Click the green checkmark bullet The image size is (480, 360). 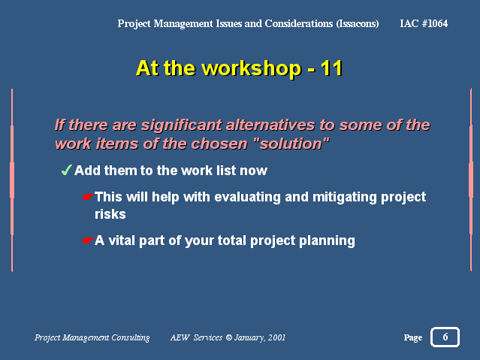(66, 170)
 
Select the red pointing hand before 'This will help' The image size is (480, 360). (88, 197)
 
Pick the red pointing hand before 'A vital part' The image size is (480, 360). (88, 241)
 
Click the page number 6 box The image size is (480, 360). (445, 337)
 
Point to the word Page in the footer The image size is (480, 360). (413, 337)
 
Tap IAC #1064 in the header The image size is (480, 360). (424, 23)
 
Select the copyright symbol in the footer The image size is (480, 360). (229, 337)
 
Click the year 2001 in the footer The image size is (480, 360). (276, 337)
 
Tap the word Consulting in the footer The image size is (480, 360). (131, 337)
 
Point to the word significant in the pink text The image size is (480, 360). (181, 126)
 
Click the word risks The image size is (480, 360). (110, 214)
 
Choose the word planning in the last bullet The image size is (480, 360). (327, 241)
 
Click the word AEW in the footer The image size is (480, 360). (180, 337)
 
